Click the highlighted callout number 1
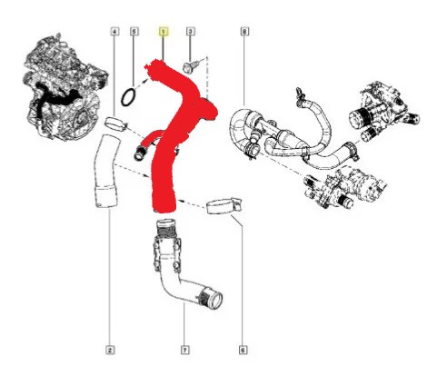[x=164, y=32]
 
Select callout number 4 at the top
[x=114, y=31]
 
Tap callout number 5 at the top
[x=134, y=31]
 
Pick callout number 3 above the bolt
[x=190, y=31]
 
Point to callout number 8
[x=244, y=31]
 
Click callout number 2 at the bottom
[x=110, y=351]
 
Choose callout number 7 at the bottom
[x=185, y=351]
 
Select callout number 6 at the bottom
[x=243, y=351]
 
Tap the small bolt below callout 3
[x=190, y=67]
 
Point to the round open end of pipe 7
[x=214, y=301]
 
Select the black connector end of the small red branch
[x=139, y=153]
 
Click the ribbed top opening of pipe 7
[x=165, y=224]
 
